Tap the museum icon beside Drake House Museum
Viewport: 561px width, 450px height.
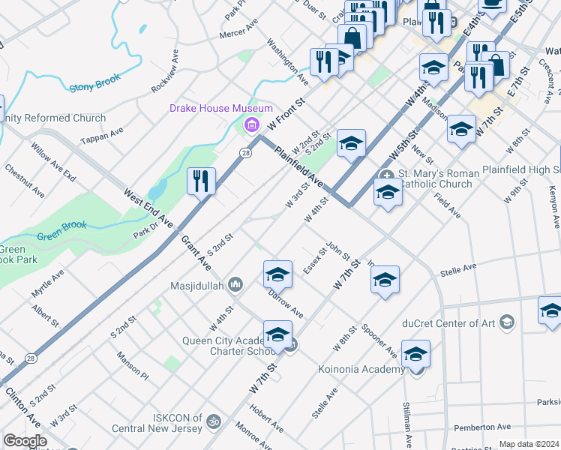point(251,123)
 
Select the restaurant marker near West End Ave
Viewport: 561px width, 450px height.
point(201,181)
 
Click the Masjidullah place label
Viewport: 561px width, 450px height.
point(196,283)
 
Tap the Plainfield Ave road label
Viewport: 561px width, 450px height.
point(298,167)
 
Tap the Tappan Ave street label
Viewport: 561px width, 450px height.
point(102,132)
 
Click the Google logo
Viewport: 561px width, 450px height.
point(25,441)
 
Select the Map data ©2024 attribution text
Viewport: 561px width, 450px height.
point(528,444)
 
